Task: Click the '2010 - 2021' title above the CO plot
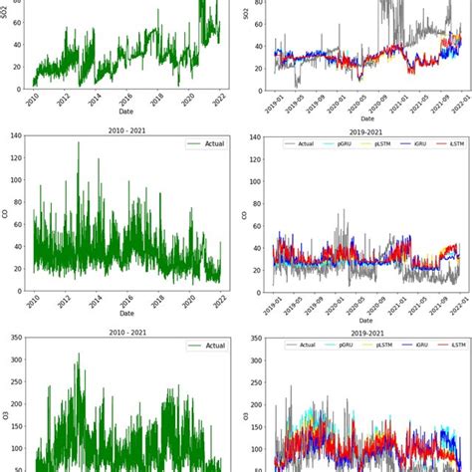pyautogui.click(x=128, y=129)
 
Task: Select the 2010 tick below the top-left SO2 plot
pyautogui.click(x=34, y=102)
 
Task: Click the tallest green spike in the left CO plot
pyautogui.click(x=79, y=143)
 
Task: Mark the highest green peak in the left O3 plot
pyautogui.click(x=79, y=354)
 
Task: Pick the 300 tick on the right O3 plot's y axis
pyautogui.click(x=256, y=366)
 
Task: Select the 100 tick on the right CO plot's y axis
pyautogui.click(x=256, y=180)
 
